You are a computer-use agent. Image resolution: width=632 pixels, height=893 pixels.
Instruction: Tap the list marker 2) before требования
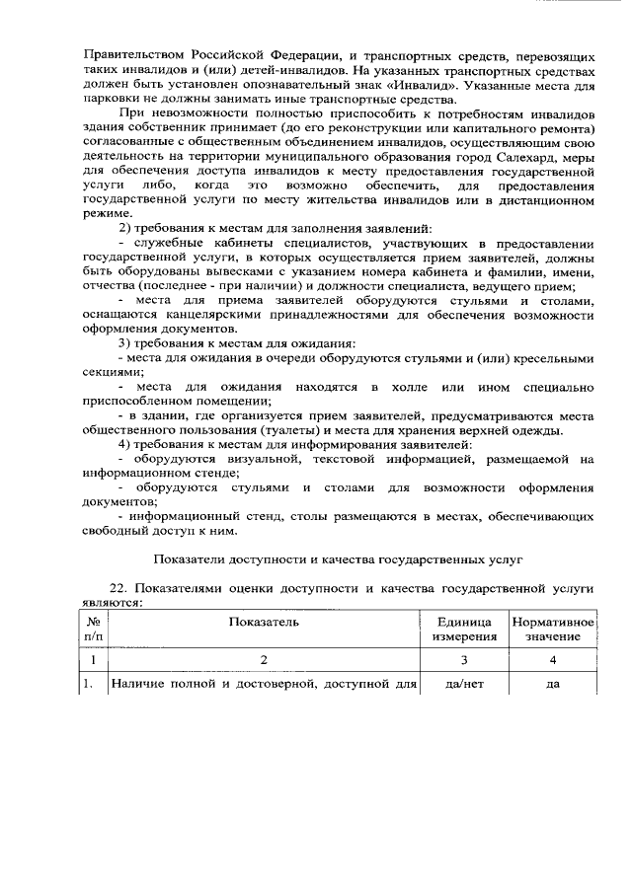click(123, 230)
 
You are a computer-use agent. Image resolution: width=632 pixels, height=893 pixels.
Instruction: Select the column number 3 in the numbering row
click(463, 660)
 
